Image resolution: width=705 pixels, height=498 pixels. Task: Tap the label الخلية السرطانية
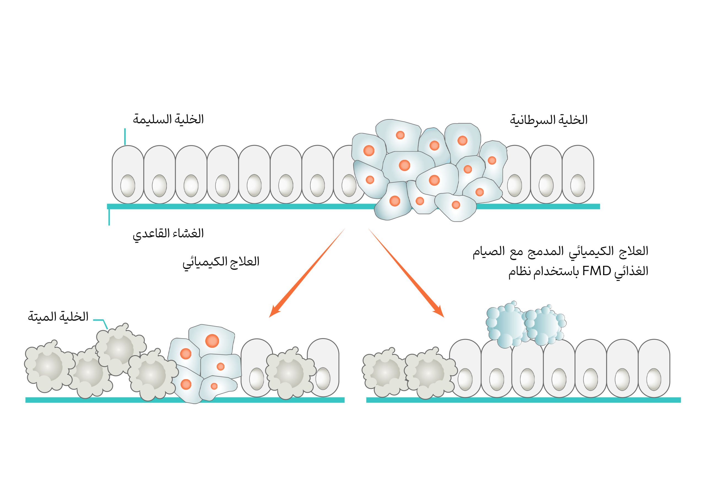(x=548, y=120)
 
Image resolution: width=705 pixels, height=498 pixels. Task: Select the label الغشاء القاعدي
(x=168, y=234)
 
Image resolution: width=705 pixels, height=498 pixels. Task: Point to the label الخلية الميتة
(x=58, y=317)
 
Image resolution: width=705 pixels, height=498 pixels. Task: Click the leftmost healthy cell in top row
(x=128, y=166)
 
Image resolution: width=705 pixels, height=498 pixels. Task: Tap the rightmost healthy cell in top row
(x=577, y=166)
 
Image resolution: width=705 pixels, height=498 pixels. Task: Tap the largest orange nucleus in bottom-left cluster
(x=212, y=340)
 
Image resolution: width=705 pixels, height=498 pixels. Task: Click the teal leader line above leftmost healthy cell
(x=125, y=136)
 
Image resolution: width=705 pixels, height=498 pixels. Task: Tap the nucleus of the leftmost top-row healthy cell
(x=128, y=186)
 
